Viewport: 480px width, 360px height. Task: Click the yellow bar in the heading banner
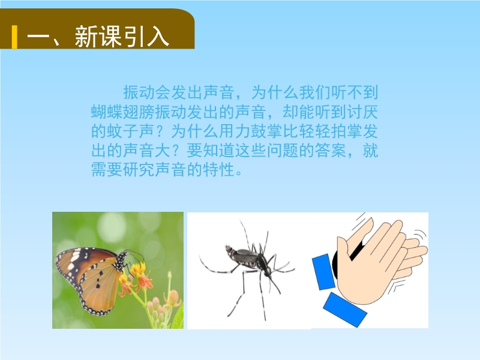14,37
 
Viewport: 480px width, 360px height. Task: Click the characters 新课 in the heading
98,37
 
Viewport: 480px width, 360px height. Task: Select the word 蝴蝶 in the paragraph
107,112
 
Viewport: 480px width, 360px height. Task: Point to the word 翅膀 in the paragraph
139,112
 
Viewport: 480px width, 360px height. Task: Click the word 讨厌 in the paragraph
362,112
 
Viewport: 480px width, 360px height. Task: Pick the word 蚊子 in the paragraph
123,131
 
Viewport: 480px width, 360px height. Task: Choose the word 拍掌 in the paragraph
347,131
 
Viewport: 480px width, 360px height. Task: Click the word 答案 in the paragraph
331,151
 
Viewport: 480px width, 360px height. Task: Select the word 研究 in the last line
139,170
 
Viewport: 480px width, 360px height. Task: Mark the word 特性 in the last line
218,170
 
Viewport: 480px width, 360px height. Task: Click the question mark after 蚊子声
162,131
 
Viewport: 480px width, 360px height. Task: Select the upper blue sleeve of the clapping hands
323,272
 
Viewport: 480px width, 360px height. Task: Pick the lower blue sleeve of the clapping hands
344,310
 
